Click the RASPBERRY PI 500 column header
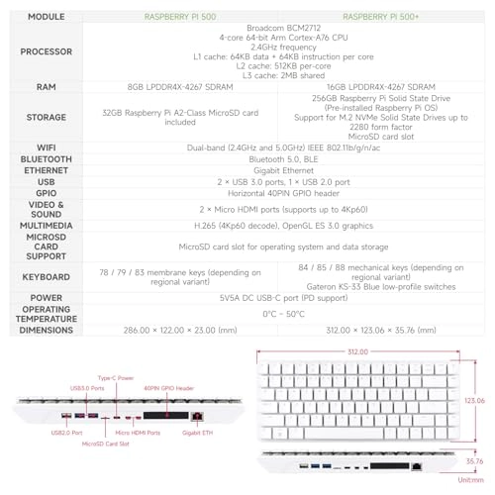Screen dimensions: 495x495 [x=182, y=17]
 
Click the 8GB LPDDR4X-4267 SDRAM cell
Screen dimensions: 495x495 [x=182, y=86]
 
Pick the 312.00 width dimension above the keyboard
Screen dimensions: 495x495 [x=357, y=351]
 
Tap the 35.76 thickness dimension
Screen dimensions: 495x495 [x=474, y=460]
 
